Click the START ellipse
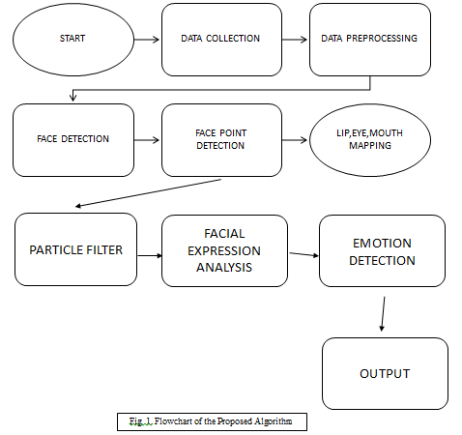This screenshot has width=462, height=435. point(73,40)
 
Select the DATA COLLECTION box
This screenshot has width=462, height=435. point(221,40)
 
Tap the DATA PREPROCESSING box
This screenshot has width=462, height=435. point(370,40)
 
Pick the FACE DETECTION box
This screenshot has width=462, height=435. point(73,140)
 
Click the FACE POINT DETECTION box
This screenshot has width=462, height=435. point(221,140)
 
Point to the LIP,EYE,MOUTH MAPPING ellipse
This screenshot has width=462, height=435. point(370,140)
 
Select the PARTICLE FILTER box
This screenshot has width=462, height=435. point(75,249)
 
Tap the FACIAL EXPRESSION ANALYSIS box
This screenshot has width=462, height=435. point(224,251)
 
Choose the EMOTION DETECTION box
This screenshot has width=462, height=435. point(382,251)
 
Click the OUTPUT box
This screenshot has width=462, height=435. point(385,373)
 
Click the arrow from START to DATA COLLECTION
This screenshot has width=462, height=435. point(147,40)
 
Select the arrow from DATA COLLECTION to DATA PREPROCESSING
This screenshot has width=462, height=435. point(295,40)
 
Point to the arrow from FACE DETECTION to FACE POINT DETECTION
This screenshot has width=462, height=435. point(147,140)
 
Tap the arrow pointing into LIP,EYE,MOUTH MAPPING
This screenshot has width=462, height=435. point(295,140)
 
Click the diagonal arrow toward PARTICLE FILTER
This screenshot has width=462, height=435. point(148,192)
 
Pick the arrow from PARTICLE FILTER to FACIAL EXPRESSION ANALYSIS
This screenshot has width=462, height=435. point(150,256)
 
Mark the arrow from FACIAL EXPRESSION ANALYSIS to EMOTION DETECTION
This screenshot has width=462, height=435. point(304,254)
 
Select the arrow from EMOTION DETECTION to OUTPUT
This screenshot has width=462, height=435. point(383,314)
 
